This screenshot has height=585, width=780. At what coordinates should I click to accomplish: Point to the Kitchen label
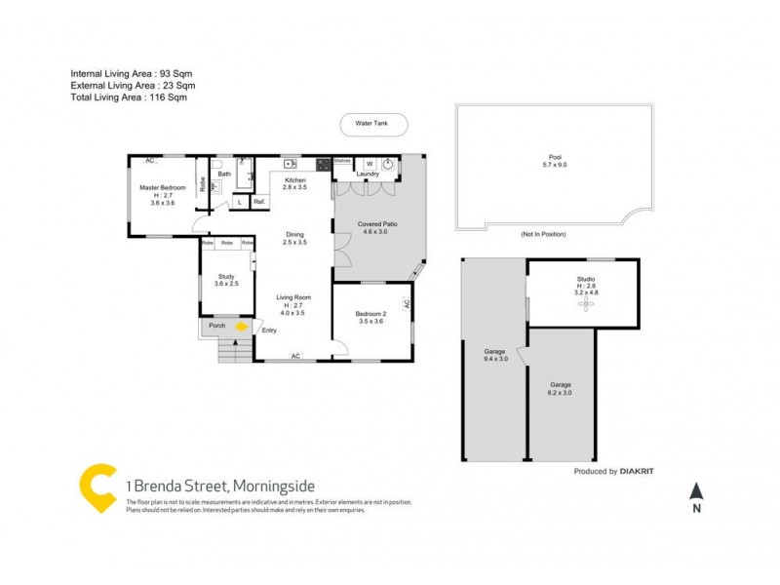(x=294, y=182)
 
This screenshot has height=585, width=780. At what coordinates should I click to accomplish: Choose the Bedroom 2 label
(x=372, y=317)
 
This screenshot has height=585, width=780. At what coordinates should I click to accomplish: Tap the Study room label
(x=226, y=280)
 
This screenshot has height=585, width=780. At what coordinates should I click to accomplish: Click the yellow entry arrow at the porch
(x=242, y=328)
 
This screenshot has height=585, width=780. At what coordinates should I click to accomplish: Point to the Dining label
(x=294, y=238)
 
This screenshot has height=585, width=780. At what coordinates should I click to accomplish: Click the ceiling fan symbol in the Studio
(x=586, y=304)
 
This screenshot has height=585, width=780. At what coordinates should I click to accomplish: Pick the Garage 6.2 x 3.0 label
(x=561, y=388)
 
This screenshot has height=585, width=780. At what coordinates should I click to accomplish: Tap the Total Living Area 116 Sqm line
(x=128, y=97)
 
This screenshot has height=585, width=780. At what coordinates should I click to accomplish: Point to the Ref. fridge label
(x=259, y=202)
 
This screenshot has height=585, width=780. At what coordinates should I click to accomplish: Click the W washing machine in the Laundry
(x=369, y=164)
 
